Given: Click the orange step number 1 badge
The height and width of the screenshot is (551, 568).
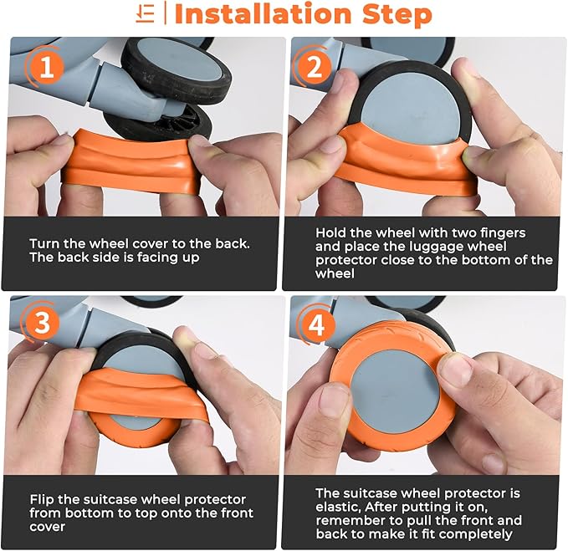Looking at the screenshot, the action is coord(47,67).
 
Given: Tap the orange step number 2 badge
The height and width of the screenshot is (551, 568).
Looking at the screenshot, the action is coord(314,67).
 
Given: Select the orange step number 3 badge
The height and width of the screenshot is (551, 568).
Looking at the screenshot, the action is coord(43,322).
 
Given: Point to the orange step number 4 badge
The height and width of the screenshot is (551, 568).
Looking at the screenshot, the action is coord(316,324).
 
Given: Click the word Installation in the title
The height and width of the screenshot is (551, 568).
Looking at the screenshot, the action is coord(264,14).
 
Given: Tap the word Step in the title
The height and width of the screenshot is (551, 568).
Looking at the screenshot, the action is coord(397,15).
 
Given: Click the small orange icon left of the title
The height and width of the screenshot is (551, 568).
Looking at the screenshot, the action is coord(146,14).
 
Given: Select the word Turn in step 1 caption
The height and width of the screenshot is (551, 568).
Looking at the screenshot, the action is coord(44,243).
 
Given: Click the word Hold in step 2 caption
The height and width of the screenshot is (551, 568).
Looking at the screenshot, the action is coord(330,232).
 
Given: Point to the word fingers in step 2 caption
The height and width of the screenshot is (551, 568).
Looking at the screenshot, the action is coord(502,233).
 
